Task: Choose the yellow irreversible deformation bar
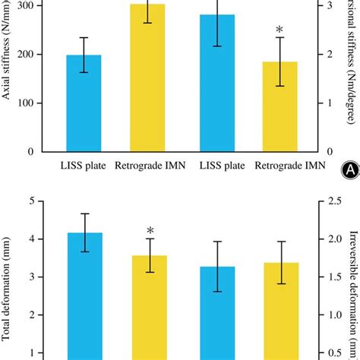(280, 311)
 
